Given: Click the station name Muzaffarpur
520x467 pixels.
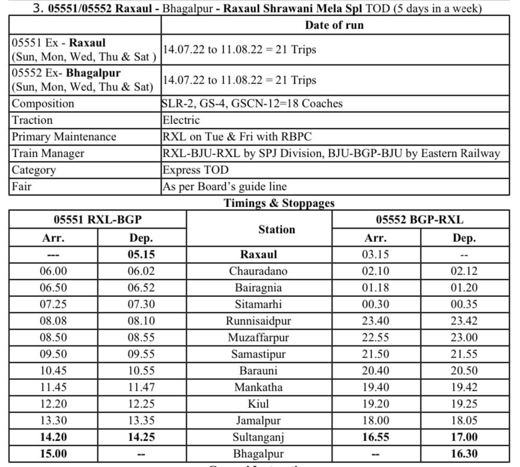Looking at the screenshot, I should pos(258,338).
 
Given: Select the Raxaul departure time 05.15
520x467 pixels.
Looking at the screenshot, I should pos(141,255).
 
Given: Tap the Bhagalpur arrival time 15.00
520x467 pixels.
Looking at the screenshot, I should pos(53,454).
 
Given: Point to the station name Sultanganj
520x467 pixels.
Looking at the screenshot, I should pos(258,437).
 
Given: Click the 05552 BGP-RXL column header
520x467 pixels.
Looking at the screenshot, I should pos(419,219).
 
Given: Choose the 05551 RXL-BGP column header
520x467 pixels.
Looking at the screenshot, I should pos(98,219).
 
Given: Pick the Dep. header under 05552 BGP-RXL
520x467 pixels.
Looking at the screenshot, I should pos(464,238).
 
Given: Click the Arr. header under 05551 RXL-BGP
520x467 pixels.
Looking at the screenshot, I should pos(53,238).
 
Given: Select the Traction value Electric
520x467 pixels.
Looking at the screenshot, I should pos(181,120).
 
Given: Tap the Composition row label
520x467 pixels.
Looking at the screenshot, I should pos(43,104).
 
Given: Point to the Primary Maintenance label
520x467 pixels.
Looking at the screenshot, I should pos(64,137).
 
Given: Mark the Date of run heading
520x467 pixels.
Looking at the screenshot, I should pos(334,25).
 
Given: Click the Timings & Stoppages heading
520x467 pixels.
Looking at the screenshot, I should pos(279,203).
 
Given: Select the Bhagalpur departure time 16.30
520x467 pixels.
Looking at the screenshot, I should pos(464,454).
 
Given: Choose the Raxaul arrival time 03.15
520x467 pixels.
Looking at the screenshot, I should pos(375,255).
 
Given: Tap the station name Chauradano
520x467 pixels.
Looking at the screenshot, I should pos(258,271).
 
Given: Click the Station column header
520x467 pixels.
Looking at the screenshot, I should pos(277,229).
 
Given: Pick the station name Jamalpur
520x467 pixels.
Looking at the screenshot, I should pos(258,421).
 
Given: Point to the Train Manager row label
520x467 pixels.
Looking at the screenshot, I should pos(48,154).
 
